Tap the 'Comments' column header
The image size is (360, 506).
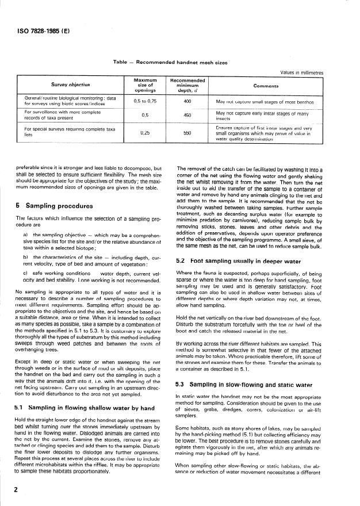(x=278, y=85)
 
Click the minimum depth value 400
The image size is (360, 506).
(x=187, y=101)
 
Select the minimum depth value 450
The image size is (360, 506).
(x=187, y=114)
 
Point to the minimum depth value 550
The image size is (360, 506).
(x=187, y=132)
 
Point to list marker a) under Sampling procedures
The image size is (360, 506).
(x=26, y=235)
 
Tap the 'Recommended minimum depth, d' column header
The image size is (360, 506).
(x=187, y=85)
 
